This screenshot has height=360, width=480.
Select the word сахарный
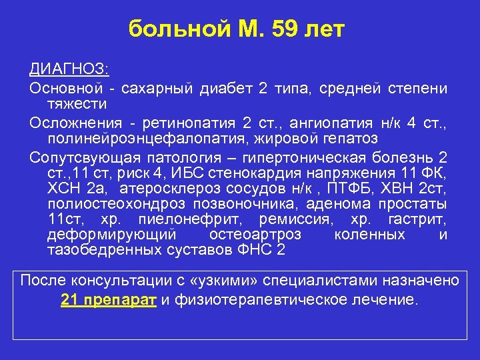pos(157,88)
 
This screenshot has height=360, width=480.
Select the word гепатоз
pos(346,139)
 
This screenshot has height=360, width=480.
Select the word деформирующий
pos(111,235)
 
